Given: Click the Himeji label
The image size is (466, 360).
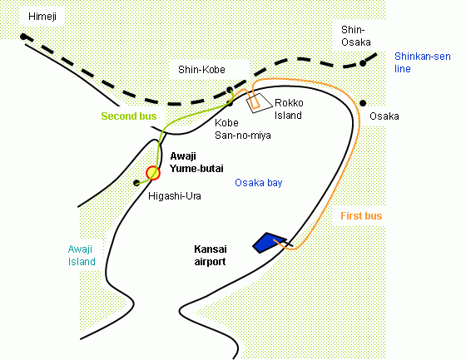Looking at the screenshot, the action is (x=42, y=17).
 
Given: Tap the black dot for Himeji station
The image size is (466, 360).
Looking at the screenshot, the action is (x=23, y=37).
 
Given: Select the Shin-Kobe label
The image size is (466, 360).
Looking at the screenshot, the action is (x=201, y=70).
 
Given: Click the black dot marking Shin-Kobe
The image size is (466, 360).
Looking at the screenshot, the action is (x=230, y=90).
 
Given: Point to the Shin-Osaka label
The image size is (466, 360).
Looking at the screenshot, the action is (x=356, y=36).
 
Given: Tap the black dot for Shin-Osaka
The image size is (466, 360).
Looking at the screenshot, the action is (x=363, y=63).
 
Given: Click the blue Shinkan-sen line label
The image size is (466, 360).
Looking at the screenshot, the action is (x=423, y=62).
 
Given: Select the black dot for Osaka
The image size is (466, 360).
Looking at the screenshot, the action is (x=363, y=103).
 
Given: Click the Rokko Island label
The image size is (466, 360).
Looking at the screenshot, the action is (x=289, y=109).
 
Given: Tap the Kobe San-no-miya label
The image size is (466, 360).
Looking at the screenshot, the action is (x=242, y=129).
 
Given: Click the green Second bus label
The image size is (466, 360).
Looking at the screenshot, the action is (x=129, y=116).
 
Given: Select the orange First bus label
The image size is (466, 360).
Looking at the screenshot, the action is (x=361, y=215).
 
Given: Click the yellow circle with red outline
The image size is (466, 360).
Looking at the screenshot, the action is (x=153, y=173).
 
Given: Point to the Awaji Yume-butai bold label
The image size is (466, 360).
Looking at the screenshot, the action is (x=196, y=162).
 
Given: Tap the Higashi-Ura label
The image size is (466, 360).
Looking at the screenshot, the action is (x=175, y=196).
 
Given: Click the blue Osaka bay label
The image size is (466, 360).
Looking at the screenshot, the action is (x=258, y=183).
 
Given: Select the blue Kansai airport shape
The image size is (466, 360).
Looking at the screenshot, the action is (x=269, y=243).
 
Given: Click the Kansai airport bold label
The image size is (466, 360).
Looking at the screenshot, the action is (x=210, y=255).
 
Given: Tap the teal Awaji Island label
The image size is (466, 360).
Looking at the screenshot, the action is (x=82, y=255).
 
